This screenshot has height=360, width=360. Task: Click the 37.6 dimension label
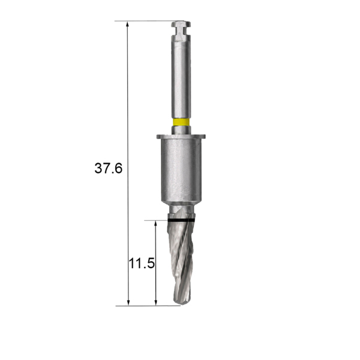[109, 168]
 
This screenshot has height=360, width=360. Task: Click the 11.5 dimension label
[142, 263]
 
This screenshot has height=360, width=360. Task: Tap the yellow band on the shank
[181, 122]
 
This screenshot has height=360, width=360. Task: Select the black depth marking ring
[181, 220]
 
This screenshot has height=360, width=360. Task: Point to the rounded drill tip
[181, 302]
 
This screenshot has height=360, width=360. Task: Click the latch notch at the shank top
[181, 31]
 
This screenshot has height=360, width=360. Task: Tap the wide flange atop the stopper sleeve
[181, 137]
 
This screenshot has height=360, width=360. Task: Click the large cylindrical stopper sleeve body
[181, 170]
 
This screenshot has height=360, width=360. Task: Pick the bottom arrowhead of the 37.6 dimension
[128, 302]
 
